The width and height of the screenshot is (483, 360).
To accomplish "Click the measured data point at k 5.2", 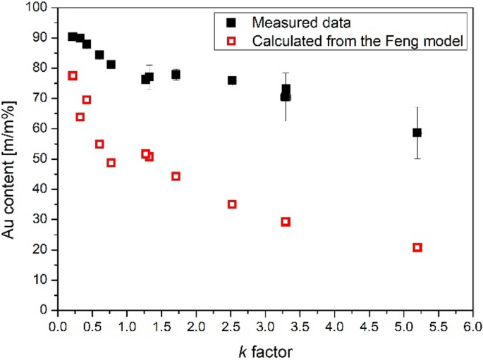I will [x=417, y=132].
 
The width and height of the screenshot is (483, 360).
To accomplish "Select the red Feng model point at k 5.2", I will [x=417, y=247].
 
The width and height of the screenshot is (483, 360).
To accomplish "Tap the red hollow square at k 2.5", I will [x=232, y=204].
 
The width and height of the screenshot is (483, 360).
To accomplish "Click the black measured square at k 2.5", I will [x=232, y=80].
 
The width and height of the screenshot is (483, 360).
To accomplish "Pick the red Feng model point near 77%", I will [x=73, y=75].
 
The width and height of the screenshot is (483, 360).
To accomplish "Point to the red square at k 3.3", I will [x=286, y=221].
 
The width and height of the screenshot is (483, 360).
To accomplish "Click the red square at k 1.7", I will [x=176, y=176].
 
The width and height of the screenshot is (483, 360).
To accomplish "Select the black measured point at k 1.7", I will [x=176, y=74].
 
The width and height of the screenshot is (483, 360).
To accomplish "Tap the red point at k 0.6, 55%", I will [x=99, y=144].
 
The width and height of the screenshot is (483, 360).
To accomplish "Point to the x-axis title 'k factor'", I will [x=265, y=350].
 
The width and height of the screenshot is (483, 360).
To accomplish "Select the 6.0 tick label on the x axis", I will [x=472, y=327].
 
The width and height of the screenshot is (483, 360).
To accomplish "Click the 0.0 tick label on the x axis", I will [x=58, y=327].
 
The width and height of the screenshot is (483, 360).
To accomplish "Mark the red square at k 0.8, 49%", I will [x=111, y=163].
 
